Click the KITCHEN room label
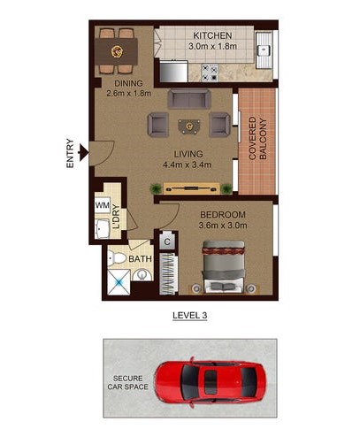tap(212, 35)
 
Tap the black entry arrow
tap(84, 152)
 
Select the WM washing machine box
tap(103, 204)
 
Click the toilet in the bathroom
tap(117, 258)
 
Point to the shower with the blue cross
tap(119, 282)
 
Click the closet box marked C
tap(167, 242)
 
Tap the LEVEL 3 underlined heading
tap(190, 316)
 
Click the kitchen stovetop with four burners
tap(210, 73)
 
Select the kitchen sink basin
tap(264, 50)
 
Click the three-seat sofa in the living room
tap(189, 99)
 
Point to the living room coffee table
tap(189, 126)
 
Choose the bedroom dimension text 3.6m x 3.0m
tap(223, 226)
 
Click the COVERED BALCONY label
tap(257, 139)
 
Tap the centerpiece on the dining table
tap(117, 51)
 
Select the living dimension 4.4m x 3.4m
tap(188, 165)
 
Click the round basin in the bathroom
tap(142, 275)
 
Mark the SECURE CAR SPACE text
tap(127, 382)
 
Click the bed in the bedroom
tap(223, 267)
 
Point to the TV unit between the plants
tap(191, 188)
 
